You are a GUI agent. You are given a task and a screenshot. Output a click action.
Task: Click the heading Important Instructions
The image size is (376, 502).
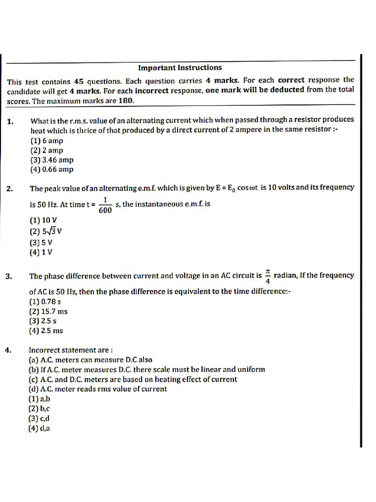(x=180, y=68)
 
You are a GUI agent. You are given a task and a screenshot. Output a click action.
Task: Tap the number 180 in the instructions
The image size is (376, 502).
(x=126, y=101)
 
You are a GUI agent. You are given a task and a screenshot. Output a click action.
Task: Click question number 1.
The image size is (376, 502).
(x=11, y=121)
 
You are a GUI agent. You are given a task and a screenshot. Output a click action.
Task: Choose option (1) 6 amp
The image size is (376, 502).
(x=47, y=141)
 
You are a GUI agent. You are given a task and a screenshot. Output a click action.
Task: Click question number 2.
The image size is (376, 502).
(x=11, y=189)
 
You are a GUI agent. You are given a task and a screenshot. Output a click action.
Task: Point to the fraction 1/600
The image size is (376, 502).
(x=105, y=205)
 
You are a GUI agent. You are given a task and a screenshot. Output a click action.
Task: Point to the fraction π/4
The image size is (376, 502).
(x=268, y=276)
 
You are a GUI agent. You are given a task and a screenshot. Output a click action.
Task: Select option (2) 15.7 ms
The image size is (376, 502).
(x=48, y=311)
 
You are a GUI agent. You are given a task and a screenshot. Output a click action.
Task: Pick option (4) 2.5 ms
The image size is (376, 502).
(x=46, y=331)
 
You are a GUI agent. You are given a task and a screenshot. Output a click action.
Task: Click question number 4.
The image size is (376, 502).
(x=9, y=350)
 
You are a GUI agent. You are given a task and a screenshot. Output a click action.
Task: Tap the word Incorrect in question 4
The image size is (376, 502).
(x=46, y=350)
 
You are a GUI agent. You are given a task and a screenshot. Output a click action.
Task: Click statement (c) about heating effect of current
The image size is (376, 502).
(x=133, y=379)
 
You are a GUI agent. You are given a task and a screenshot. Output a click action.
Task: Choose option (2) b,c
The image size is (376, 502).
(x=40, y=408)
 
